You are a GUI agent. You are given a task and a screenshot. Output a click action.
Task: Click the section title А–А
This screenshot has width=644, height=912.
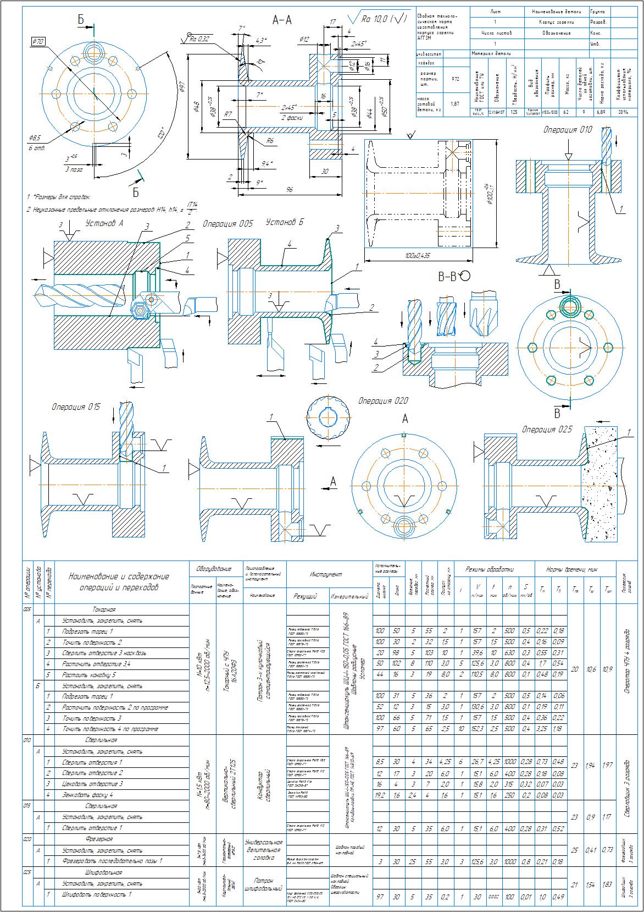coord(282,20)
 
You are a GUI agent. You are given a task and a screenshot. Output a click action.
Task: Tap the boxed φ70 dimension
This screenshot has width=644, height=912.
coord(39,41)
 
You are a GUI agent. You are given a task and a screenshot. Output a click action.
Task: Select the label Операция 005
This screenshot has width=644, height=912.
coord(228,224)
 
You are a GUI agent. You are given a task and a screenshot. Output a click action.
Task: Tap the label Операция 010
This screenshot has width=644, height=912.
coord(568,130)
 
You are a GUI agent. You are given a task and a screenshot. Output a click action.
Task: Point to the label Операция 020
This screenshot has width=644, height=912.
coord(383,401)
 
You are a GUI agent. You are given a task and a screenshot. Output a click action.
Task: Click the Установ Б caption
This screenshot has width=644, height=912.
coord(285,222)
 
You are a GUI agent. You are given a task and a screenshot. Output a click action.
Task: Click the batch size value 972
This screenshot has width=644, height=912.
coord(455,79)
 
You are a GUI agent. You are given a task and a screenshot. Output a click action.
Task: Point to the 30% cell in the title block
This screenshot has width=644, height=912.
coord(623,112)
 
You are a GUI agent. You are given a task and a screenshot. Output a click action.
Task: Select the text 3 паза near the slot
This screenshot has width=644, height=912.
coord(73,170)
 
